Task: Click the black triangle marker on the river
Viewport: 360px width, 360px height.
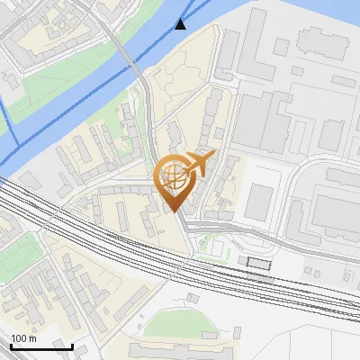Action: pos(182,23)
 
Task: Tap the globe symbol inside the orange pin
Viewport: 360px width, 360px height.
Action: pos(174,176)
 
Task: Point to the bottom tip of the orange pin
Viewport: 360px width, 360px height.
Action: pos(175,211)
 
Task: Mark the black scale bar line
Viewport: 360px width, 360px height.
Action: pos(41,346)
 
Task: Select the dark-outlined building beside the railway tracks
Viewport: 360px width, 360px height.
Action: pos(257,261)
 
